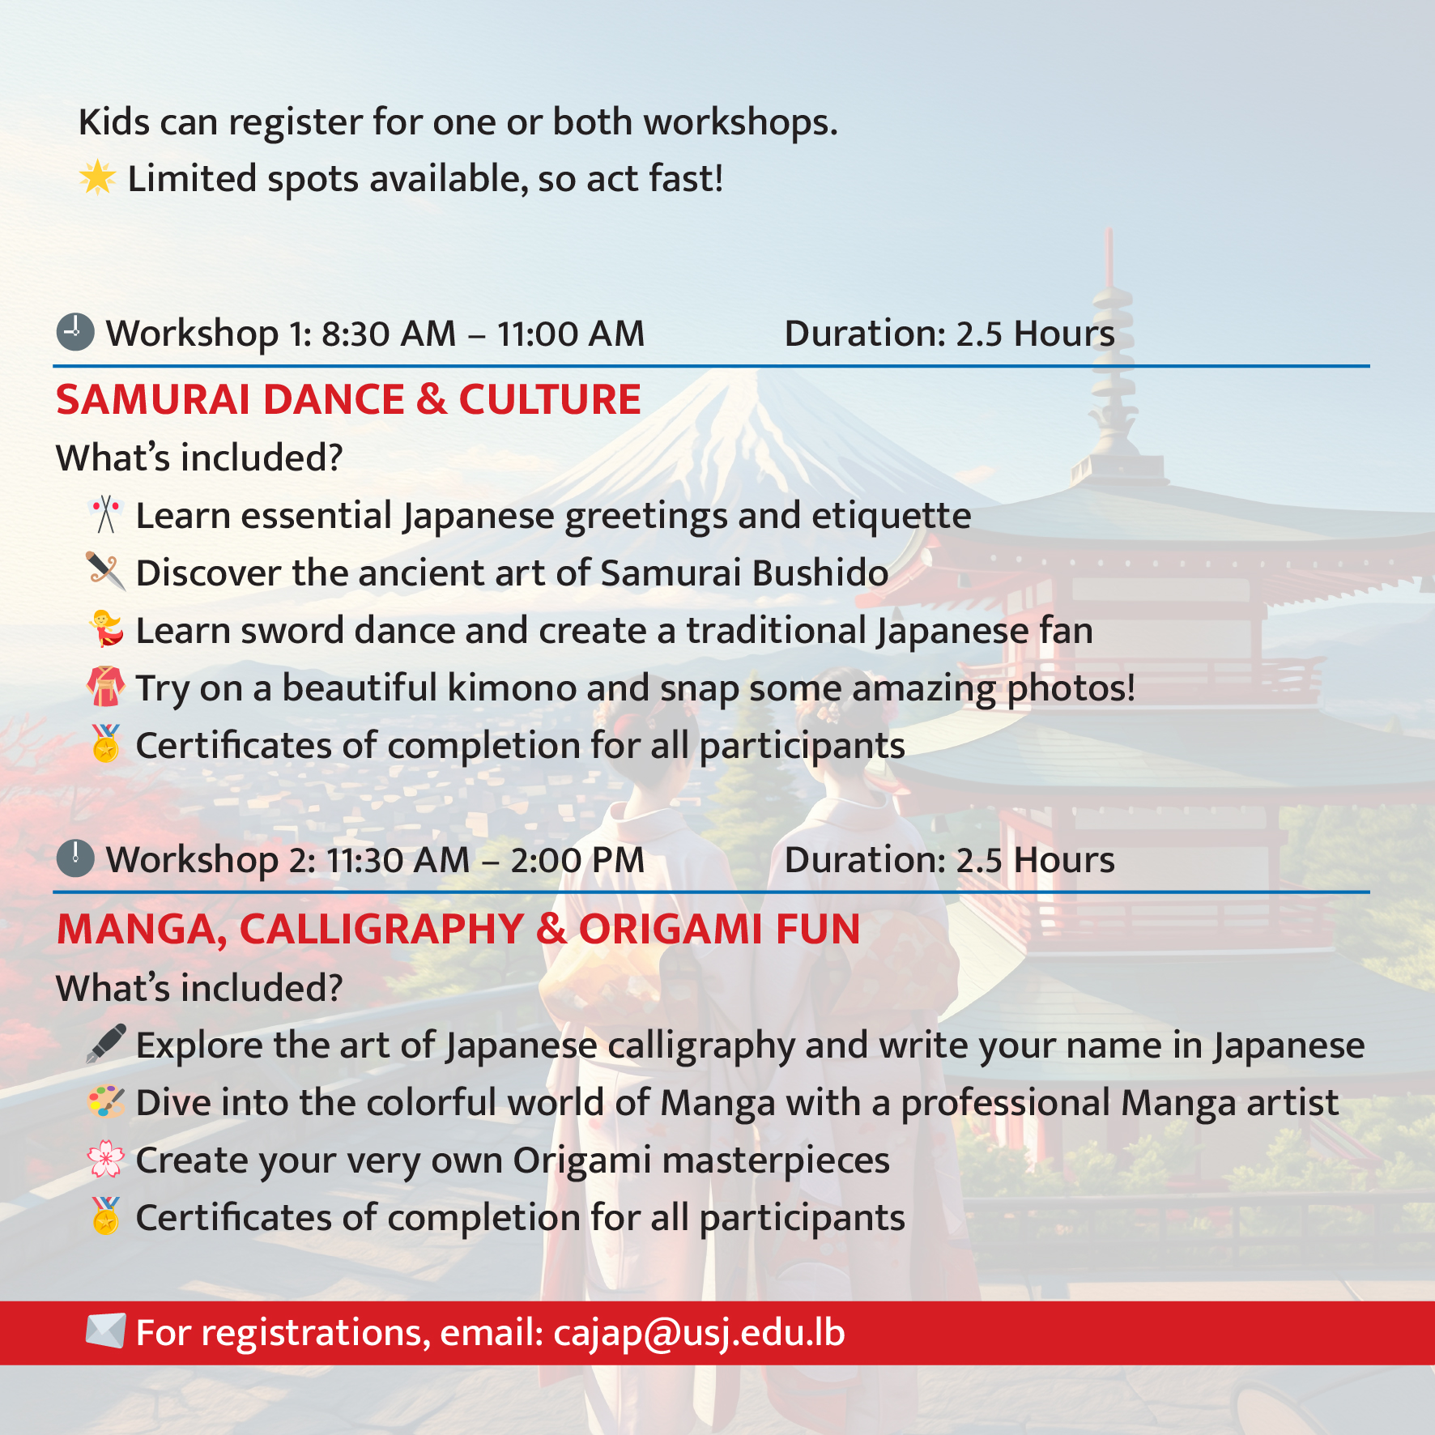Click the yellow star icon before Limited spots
click(98, 178)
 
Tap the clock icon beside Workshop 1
click(75, 332)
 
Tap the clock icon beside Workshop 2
click(75, 858)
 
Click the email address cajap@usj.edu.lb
click(699, 1333)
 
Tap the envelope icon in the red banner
click(106, 1331)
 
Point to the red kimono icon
click(106, 687)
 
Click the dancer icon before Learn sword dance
click(106, 629)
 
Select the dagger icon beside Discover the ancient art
click(106, 572)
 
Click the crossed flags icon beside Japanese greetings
click(106, 514)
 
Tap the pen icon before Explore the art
click(106, 1044)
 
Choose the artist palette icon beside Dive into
click(106, 1102)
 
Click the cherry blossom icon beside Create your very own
click(106, 1160)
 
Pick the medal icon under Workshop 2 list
click(106, 1216)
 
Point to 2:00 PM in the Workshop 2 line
click(577, 860)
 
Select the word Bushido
click(820, 573)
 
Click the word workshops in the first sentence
click(740, 122)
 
